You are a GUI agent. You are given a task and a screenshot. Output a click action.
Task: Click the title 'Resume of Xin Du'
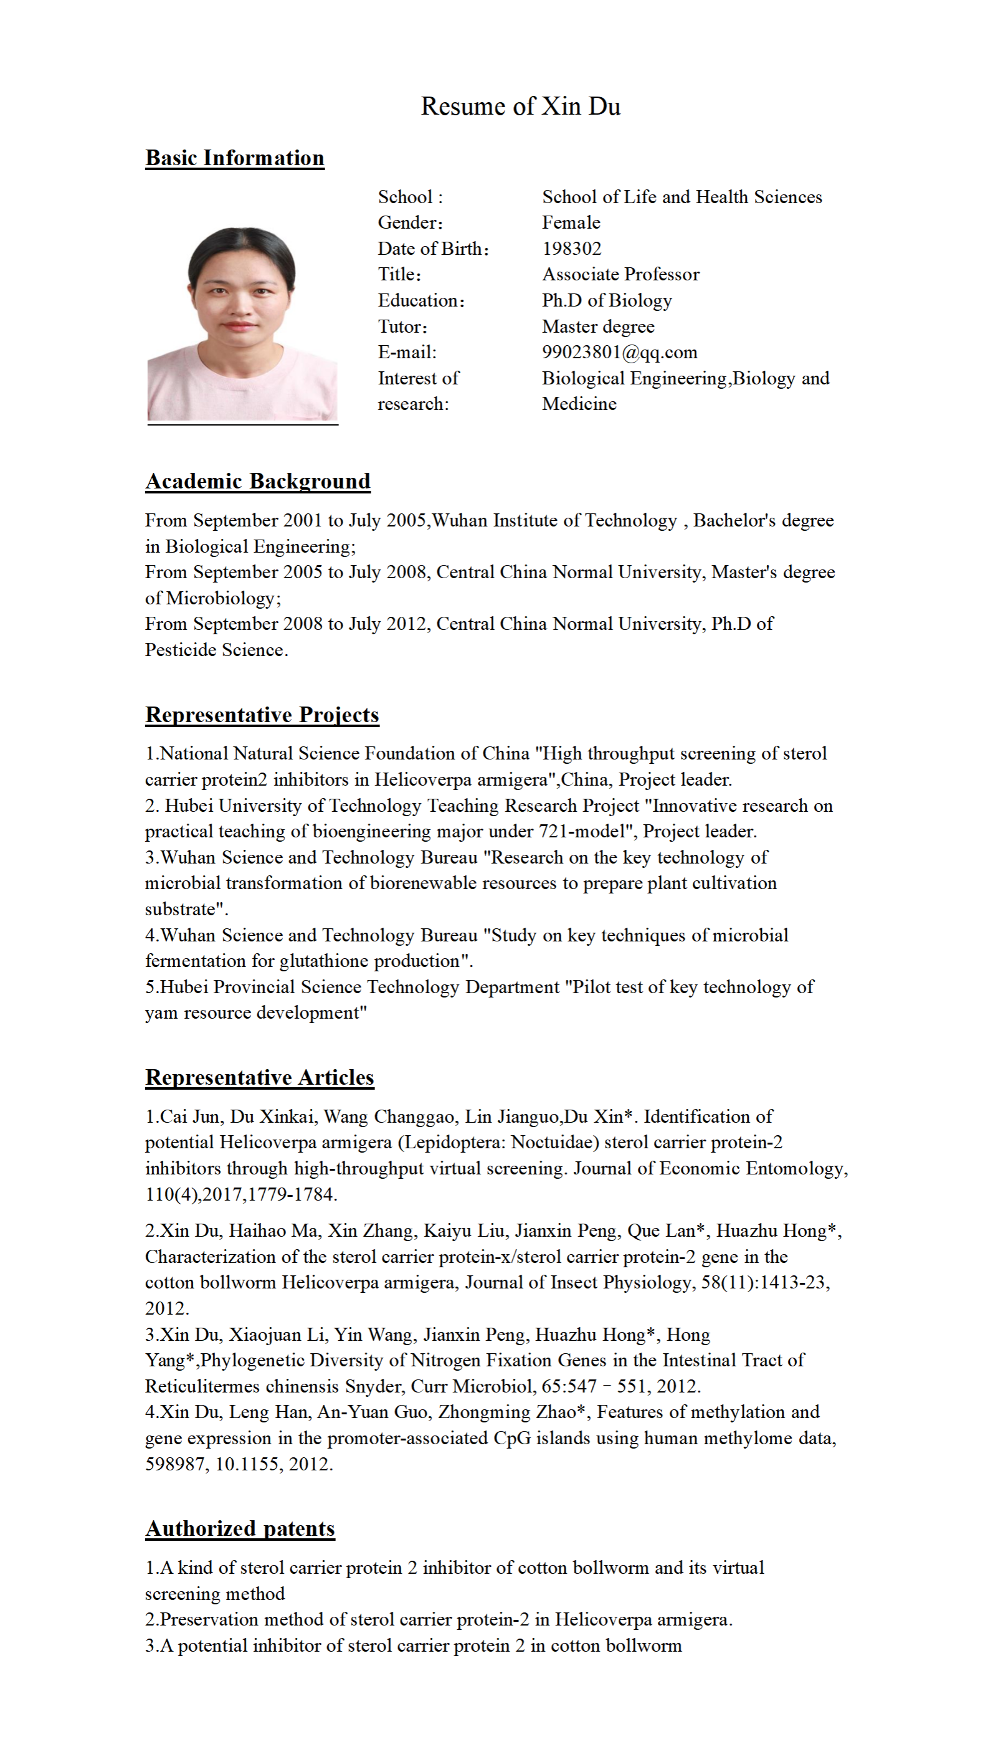[x=520, y=106]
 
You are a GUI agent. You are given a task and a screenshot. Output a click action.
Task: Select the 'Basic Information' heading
[x=235, y=158]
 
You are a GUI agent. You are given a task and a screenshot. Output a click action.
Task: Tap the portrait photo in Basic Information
[x=242, y=324]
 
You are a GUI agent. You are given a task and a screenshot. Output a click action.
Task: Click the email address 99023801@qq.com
[x=619, y=352]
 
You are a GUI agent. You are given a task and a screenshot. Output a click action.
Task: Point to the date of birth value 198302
[x=571, y=249]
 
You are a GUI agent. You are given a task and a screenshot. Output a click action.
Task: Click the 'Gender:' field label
[x=410, y=223]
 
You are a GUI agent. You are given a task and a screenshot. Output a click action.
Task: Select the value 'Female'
[x=571, y=223]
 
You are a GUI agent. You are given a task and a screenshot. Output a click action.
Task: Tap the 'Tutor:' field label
[x=402, y=326]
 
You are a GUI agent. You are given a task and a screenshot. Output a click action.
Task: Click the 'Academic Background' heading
[x=258, y=481]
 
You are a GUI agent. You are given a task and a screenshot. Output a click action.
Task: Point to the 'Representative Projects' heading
[x=262, y=714]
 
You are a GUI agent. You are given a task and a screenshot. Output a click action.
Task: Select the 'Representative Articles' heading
[x=260, y=1077]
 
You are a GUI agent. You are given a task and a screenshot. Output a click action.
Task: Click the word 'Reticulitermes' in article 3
[x=202, y=1386]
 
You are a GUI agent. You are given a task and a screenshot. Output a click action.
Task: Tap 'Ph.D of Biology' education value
[x=607, y=300]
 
